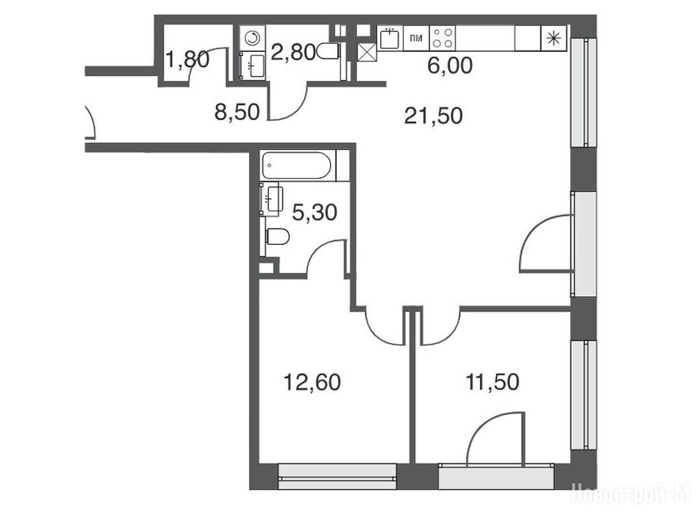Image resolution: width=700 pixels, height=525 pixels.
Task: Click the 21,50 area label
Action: click(433, 116)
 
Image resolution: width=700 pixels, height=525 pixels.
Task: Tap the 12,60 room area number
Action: click(312, 382)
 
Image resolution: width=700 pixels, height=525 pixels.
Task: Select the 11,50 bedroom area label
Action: click(492, 382)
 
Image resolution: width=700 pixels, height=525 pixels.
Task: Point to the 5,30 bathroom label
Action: click(314, 213)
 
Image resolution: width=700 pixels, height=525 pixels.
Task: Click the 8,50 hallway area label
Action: click(237, 112)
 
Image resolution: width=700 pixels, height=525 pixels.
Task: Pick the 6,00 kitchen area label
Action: click(450, 66)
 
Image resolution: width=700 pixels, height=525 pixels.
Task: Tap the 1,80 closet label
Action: click(187, 59)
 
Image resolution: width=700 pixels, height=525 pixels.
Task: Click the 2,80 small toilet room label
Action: click(293, 52)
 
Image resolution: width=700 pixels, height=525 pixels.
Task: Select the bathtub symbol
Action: click(298, 165)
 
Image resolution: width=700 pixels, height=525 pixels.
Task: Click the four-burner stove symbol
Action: click(442, 38)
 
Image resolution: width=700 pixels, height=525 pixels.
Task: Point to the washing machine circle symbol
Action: click(253, 38)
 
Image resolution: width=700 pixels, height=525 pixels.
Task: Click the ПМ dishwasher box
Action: click(416, 38)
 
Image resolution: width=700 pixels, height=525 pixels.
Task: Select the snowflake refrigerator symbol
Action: click(554, 38)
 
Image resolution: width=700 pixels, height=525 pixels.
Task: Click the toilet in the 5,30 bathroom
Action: click(278, 237)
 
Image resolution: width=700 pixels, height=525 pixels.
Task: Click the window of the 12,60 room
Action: click(338, 476)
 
